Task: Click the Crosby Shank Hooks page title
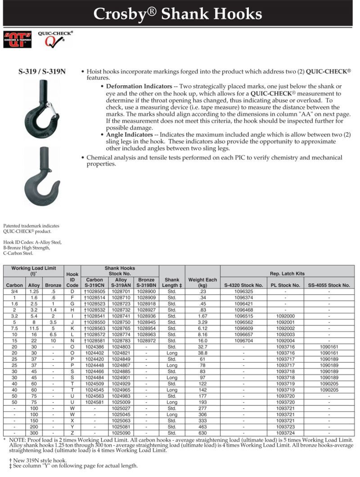(x=177, y=14)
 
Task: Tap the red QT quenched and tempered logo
(x=18, y=39)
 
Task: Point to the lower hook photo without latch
(x=42, y=176)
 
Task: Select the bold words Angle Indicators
(x=130, y=134)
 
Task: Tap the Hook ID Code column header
(x=72, y=279)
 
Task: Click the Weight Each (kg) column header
(x=202, y=282)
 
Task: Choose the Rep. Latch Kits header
(x=287, y=273)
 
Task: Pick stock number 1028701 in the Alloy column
(x=121, y=291)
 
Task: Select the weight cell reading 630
(x=202, y=433)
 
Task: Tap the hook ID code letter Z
(x=72, y=433)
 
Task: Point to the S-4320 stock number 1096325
(x=243, y=291)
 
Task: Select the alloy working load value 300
(x=34, y=433)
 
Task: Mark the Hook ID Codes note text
(x=32, y=247)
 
